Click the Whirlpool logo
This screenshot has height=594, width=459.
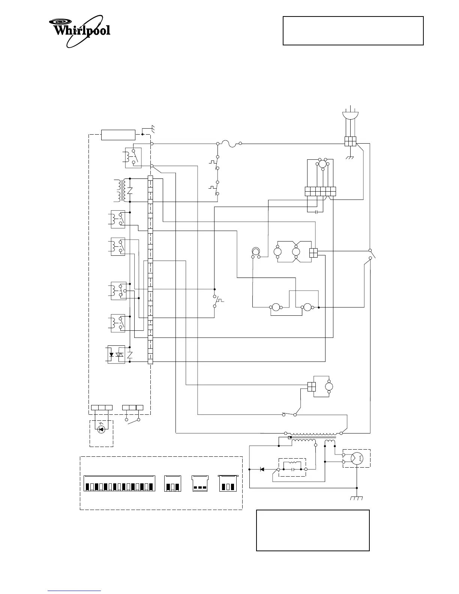pos(79,31)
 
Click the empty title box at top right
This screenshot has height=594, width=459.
pos(353,31)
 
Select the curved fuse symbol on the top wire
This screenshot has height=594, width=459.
pos(229,143)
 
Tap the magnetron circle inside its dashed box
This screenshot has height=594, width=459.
pos(356,458)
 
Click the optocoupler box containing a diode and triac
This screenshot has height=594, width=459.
pos(116,354)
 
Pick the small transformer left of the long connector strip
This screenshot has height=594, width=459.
pos(121,190)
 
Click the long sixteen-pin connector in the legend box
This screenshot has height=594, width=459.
pos(119,483)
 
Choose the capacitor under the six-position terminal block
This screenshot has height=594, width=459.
pos(317,212)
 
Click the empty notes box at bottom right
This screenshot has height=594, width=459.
pos(313,530)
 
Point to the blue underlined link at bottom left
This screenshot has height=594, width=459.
pos(74,590)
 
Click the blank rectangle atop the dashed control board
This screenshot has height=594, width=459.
pos(118,135)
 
